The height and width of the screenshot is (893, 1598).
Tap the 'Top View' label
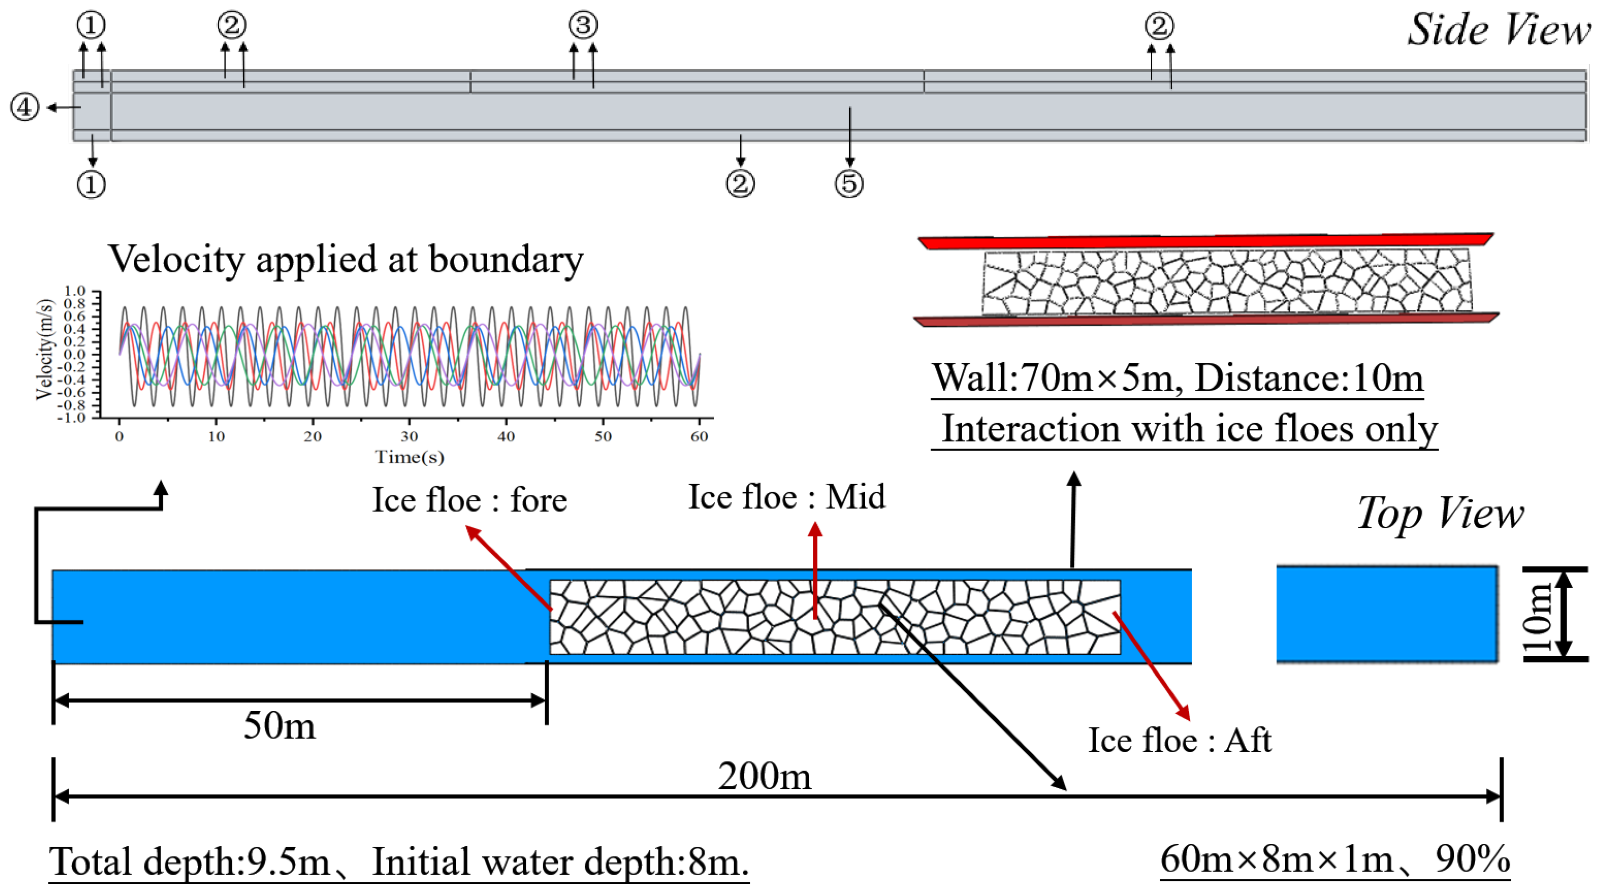coord(1439,513)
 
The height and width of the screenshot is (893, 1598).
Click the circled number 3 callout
coord(583,25)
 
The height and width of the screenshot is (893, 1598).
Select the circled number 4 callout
coord(25,107)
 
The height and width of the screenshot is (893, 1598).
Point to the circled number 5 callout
coord(849,184)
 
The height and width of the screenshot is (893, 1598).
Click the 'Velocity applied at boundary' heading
coord(345,259)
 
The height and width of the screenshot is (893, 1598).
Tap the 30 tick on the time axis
coord(409,437)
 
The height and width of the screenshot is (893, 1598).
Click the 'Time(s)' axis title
coord(409,457)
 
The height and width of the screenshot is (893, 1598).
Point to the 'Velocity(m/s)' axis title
coord(45,350)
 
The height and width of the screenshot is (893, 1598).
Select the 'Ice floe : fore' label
coord(469,500)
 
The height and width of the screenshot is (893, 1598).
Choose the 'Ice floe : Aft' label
coord(1179,740)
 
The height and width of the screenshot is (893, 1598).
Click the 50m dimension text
coord(279,725)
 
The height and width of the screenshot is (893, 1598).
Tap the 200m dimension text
coord(764,776)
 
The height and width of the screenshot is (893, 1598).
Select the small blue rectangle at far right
coord(1387,614)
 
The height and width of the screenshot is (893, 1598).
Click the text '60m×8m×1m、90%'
coord(1334,859)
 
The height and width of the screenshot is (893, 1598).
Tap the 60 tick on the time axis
coord(699,437)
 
